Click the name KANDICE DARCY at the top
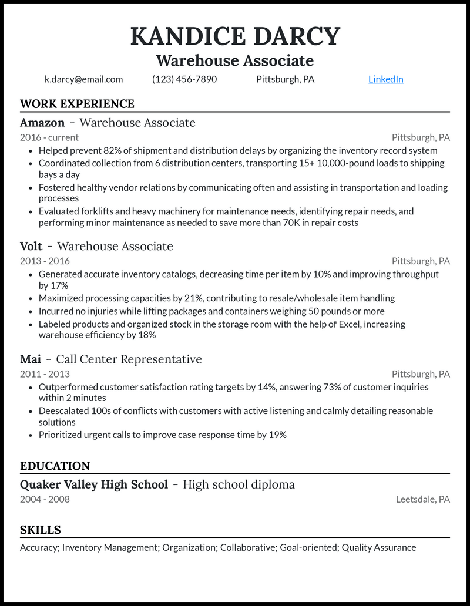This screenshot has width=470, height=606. [235, 36]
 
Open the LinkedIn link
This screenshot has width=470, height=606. [385, 79]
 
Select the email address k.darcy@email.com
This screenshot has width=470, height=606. [83, 79]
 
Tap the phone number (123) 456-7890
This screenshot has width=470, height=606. [184, 79]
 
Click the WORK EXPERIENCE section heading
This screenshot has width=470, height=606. [77, 104]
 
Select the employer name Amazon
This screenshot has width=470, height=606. [42, 123]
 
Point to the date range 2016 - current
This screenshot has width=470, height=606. [49, 138]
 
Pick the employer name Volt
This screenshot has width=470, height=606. [31, 246]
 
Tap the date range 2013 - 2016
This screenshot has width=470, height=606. [45, 261]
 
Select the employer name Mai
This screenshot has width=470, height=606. [30, 359]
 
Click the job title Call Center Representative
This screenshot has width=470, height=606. [129, 359]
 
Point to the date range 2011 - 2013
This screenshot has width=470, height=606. [45, 374]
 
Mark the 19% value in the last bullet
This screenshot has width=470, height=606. [276, 435]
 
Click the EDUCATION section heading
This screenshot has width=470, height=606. [55, 466]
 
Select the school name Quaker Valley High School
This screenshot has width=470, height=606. [94, 484]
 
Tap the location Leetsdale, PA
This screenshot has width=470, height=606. [422, 500]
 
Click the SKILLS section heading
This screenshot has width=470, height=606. [41, 530]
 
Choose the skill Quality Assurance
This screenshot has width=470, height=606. [379, 548]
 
